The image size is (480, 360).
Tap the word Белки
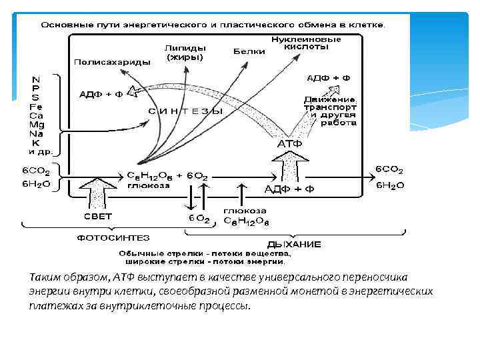pos(246,51)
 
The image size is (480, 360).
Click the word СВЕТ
pos(97,217)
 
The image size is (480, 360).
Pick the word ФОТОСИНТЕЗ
pos(113,237)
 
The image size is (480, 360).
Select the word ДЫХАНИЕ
pos(294,244)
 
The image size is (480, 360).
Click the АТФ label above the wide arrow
pos(289,143)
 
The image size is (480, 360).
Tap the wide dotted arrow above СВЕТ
pos(98,193)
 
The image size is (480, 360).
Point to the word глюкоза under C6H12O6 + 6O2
pos(148,186)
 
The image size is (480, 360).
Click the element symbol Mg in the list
pos(37,125)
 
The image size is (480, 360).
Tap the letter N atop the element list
pos(35,80)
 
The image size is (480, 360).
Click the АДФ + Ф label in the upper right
pos(329,78)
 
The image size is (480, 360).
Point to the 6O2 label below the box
pos(199,218)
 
